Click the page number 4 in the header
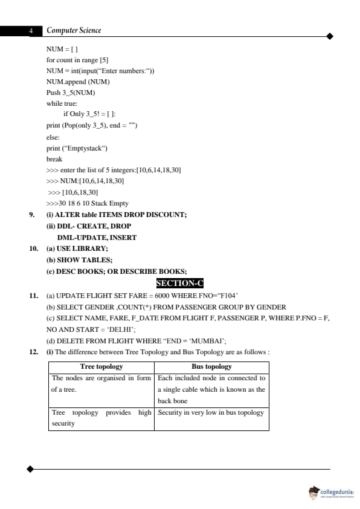point(30,31)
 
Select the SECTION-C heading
point(180,283)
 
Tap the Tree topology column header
point(101,366)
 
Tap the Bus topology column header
point(211,366)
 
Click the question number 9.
point(32,215)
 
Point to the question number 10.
point(34,248)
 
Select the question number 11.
point(34,296)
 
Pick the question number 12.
point(34,352)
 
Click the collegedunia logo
point(330,491)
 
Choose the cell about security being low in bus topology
point(211,412)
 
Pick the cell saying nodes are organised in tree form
point(101,384)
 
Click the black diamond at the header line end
point(330,36)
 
